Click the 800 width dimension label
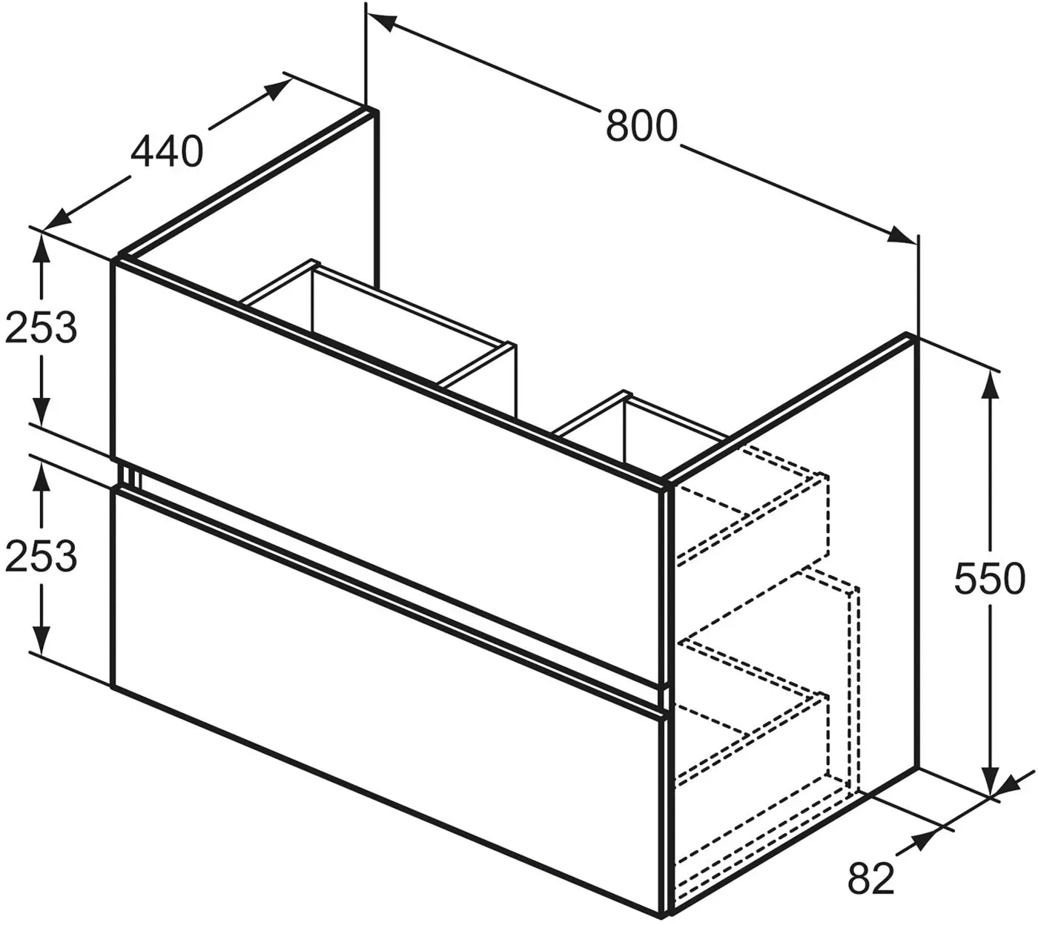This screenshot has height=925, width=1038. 641,126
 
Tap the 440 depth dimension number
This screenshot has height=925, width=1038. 167,151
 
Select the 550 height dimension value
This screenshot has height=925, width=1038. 989,579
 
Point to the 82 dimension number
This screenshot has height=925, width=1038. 871,878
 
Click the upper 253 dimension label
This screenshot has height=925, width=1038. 41,328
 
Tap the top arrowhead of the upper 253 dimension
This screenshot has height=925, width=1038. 42,250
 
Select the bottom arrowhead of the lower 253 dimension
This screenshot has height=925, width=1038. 42,638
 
